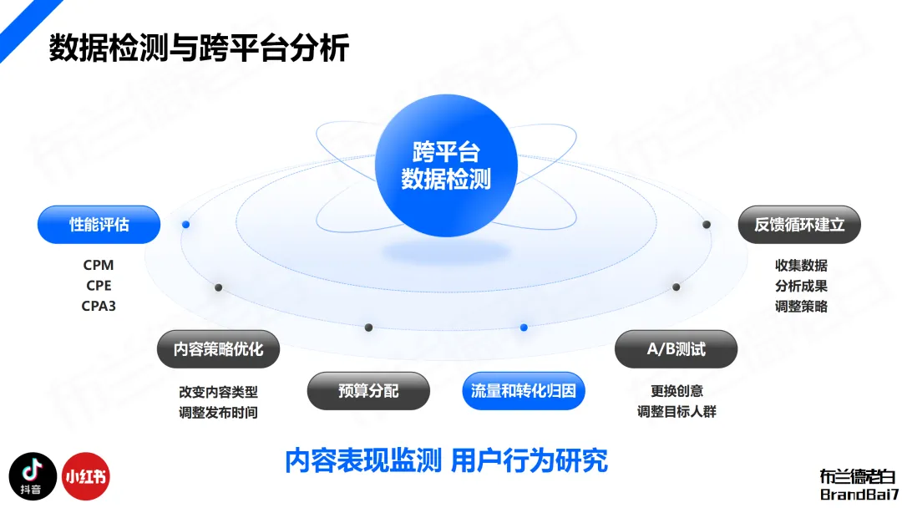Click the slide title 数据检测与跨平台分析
199,48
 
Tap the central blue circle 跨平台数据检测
446,165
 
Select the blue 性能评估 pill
99,225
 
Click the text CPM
99,265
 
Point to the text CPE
99,286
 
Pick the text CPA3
99,306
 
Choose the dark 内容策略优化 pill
218,349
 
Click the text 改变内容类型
218,391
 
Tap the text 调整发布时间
218,412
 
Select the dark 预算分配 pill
368,391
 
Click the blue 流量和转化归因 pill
524,391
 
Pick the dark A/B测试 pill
676,349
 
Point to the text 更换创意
676,391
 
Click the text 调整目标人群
676,412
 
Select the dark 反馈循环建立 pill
799,225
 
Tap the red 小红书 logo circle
86,477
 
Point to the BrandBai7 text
857,494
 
